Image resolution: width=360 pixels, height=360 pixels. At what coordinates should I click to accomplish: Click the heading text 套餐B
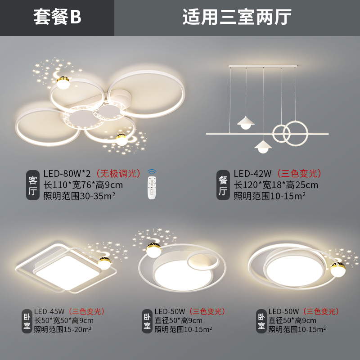57,18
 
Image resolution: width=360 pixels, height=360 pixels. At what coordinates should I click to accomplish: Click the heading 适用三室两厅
237,18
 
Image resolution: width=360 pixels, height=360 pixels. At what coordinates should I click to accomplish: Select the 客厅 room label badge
33,185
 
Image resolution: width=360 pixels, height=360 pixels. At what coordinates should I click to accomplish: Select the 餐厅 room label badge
223,185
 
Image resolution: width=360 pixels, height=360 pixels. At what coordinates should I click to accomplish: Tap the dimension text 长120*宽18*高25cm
276,185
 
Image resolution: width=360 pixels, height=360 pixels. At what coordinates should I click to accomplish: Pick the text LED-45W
49,311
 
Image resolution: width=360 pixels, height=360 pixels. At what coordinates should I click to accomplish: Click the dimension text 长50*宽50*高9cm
64,320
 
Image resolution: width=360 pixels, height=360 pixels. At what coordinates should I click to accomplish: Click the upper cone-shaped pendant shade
245,121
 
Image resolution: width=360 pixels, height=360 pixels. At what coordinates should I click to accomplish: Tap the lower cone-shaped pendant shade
263,145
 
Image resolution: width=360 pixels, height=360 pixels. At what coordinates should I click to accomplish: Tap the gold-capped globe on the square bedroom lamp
105,262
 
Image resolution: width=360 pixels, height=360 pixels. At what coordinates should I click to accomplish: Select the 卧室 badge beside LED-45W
27,320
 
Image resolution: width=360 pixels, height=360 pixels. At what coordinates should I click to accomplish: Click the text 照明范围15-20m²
63,329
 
